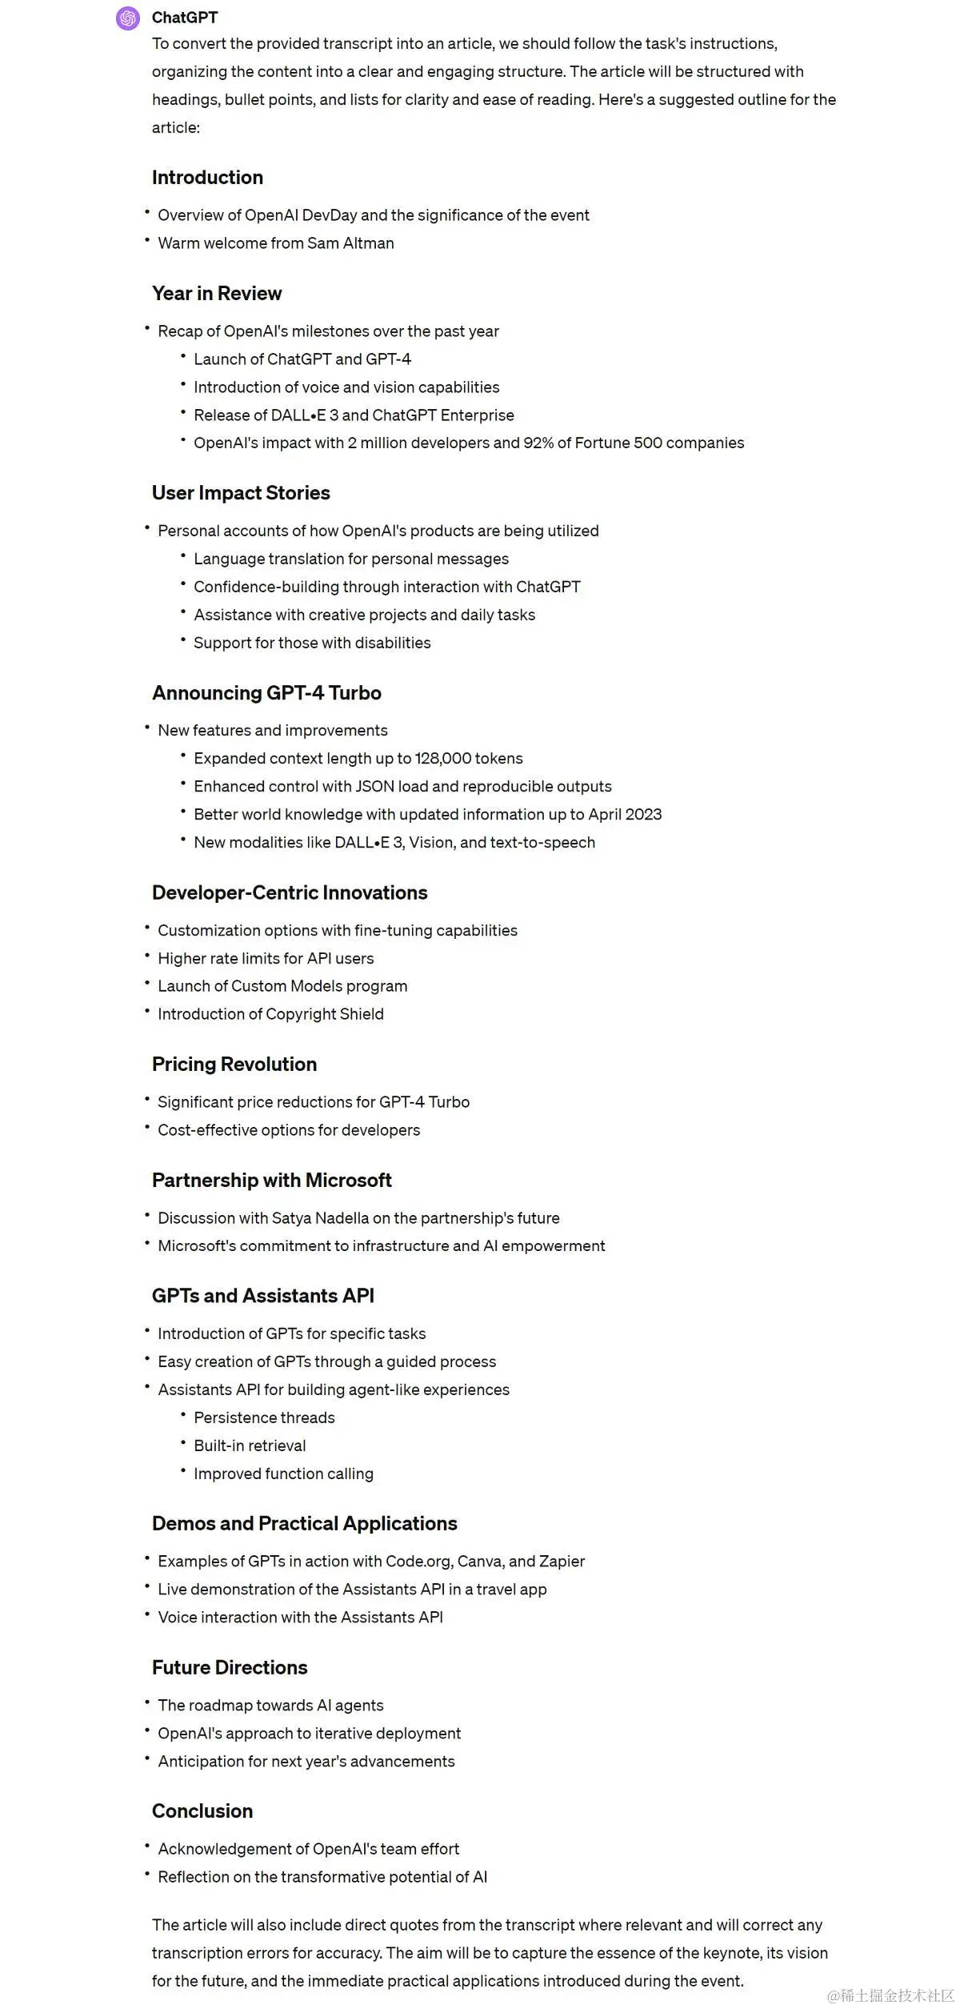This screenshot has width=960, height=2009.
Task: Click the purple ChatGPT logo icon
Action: coord(128,18)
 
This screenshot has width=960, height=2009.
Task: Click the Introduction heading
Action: coord(207,178)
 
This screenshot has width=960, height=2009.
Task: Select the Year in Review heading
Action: coord(217,294)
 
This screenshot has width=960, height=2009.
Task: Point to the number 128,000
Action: coord(442,759)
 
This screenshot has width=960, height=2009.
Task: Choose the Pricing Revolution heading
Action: coord(234,1065)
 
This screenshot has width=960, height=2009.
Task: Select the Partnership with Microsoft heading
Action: coord(272,1181)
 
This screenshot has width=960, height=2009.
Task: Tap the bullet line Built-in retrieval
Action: coord(250,1446)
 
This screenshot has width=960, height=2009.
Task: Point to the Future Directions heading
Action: coord(230,1667)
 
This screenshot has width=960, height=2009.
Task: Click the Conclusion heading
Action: coord(202,1811)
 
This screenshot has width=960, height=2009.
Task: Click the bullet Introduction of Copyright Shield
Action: coord(270,1014)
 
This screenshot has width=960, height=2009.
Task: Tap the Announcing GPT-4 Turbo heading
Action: coord(266,693)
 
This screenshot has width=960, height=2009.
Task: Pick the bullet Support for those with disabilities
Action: coord(312,643)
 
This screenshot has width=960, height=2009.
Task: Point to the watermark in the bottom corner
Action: coord(890,1995)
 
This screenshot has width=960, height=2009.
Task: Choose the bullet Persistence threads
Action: coord(264,1418)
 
